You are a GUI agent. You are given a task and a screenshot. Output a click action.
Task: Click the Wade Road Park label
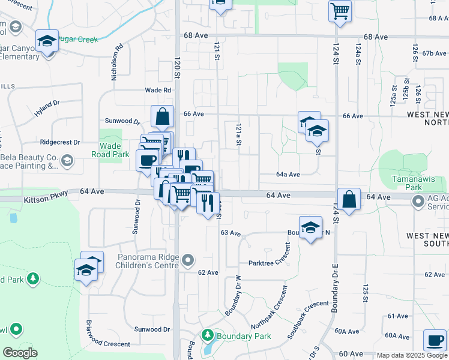[111, 150]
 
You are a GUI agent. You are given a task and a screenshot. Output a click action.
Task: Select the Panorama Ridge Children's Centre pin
[188, 260]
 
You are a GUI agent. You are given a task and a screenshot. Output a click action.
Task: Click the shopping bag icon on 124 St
[348, 199]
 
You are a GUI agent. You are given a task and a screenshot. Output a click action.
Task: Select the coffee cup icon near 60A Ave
[435, 340]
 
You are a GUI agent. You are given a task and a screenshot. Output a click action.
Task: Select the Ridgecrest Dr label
[59, 143]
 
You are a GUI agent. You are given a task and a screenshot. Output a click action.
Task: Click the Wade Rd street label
[158, 90]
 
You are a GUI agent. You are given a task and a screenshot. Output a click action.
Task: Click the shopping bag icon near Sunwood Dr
[163, 116]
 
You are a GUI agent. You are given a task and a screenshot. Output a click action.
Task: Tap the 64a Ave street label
[288, 175]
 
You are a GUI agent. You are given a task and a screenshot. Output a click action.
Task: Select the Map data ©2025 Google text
[410, 355]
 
